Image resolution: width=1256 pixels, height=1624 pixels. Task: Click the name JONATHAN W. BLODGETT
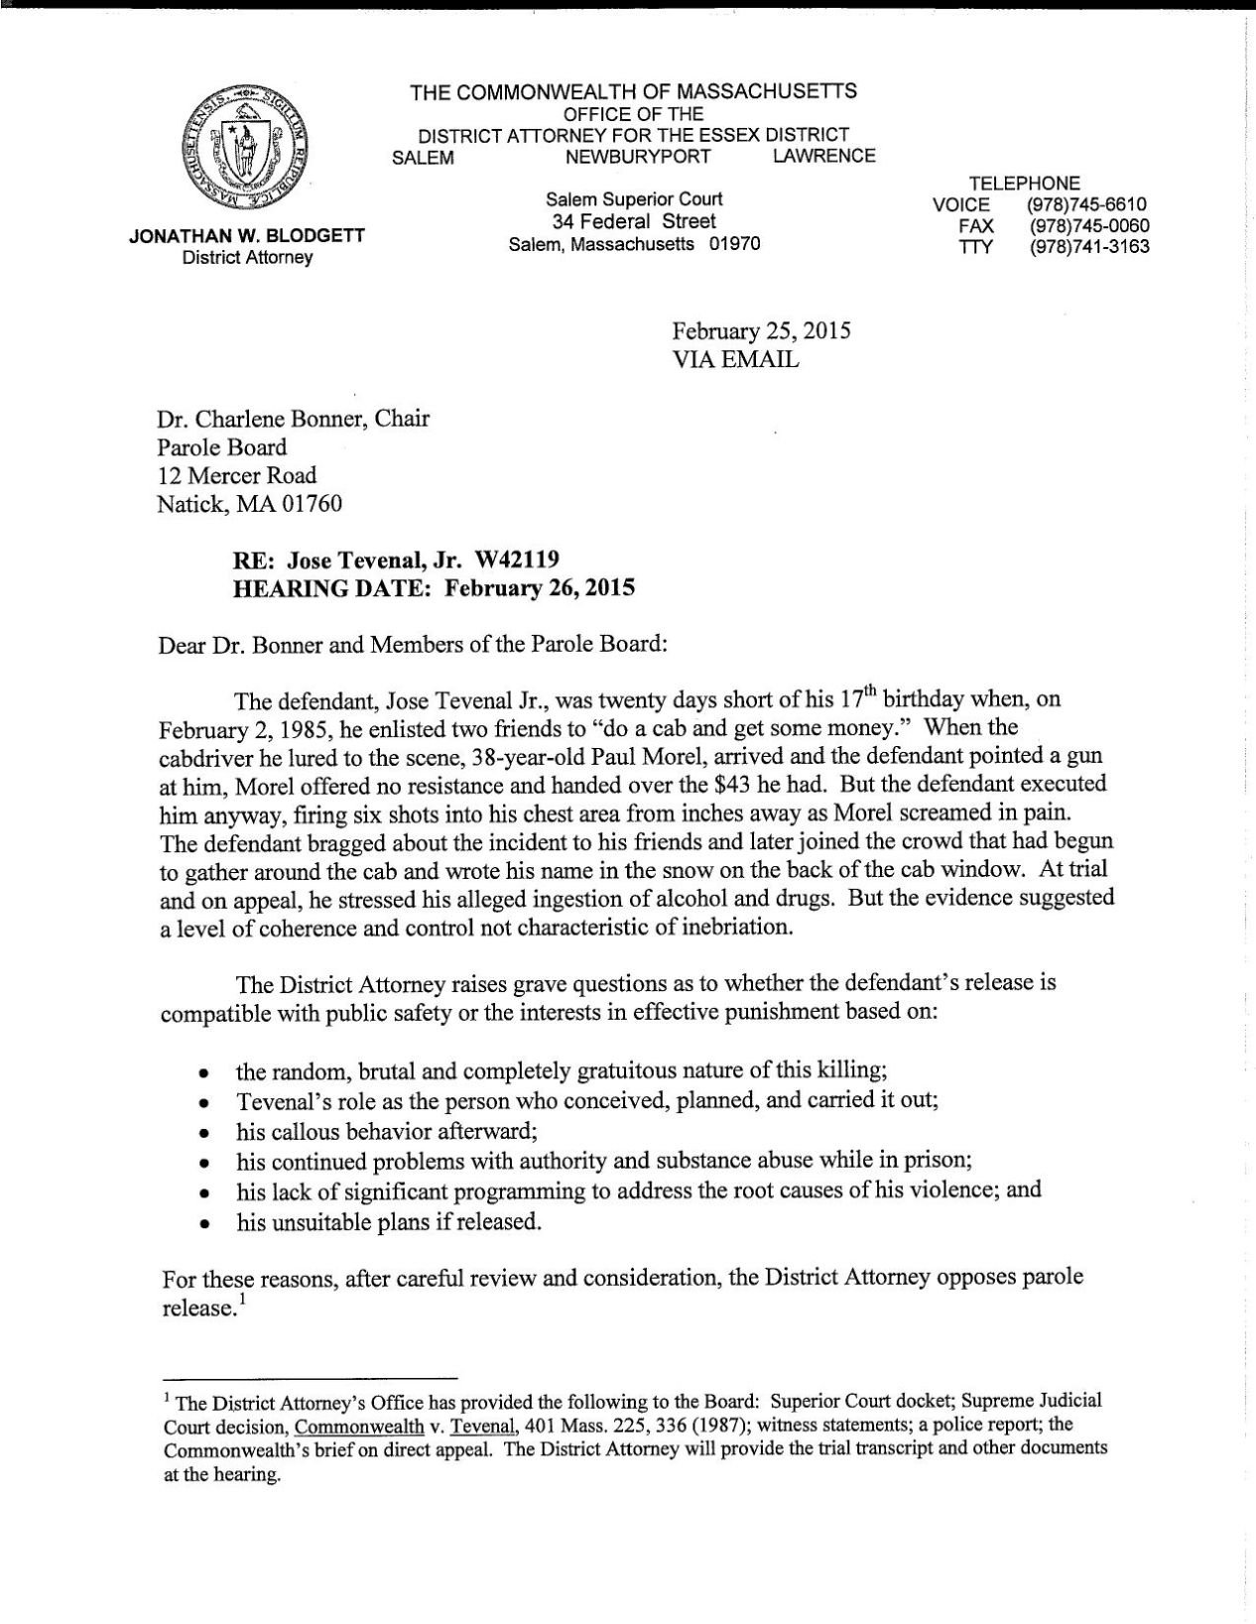point(247,237)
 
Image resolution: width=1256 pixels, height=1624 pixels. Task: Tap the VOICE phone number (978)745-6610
point(1089,205)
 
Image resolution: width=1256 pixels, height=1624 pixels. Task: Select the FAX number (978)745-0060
point(1089,226)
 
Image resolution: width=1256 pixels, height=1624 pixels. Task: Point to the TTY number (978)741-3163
point(1089,247)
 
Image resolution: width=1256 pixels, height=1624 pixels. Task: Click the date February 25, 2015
point(761,331)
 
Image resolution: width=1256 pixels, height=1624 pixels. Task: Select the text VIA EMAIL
point(735,360)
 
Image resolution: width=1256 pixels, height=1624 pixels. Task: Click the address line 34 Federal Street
point(634,221)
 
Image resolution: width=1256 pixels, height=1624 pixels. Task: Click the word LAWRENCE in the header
point(823,156)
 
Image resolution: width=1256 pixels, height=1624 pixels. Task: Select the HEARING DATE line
point(432,587)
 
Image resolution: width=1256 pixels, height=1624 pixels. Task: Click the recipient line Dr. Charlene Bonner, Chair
point(294,418)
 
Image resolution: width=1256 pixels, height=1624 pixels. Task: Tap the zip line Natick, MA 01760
point(249,504)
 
